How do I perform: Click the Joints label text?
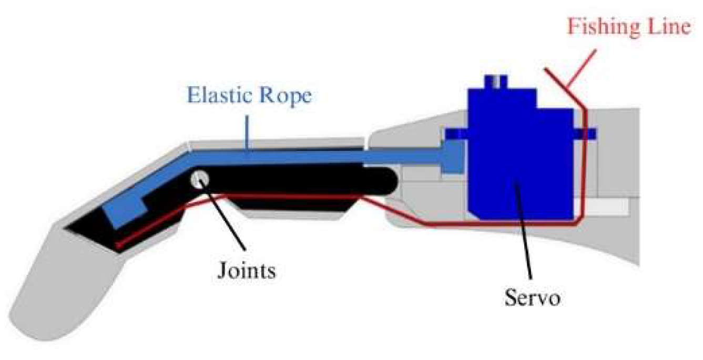[247, 272]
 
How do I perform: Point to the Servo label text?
[532, 299]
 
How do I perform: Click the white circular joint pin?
[199, 180]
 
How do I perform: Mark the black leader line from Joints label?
[223, 215]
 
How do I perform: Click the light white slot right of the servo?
[610, 208]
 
